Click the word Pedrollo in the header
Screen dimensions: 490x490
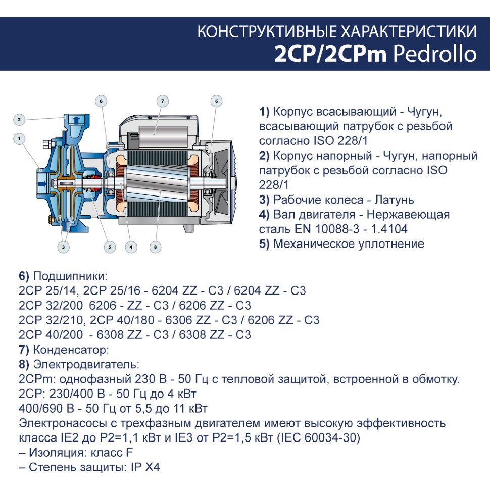coord(435,54)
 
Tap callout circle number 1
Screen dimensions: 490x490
coord(19,139)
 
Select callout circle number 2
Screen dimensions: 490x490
coord(19,119)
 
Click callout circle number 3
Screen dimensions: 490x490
coord(64,247)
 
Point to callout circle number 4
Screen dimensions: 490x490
coord(131,247)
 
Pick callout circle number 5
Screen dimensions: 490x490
coord(110,247)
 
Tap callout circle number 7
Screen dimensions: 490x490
coord(162,101)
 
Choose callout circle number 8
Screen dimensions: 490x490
coord(155,247)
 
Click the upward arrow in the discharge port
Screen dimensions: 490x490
coord(76,120)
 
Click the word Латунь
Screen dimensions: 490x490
coord(395,200)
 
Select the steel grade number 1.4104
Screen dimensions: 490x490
coord(389,229)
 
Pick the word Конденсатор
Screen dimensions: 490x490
coord(71,350)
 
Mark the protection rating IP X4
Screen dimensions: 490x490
coord(145,467)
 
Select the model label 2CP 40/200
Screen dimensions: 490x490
coord(51,335)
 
